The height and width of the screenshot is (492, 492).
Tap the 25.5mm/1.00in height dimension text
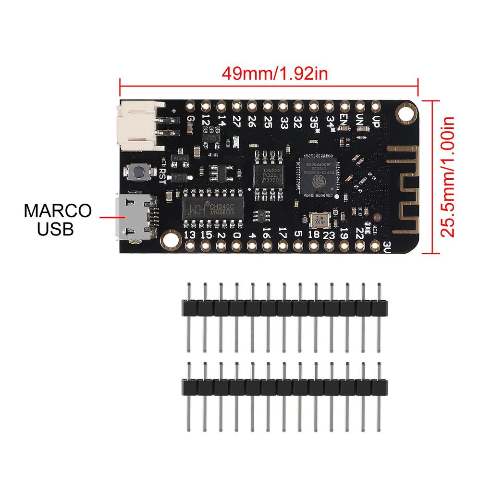[x=448, y=176]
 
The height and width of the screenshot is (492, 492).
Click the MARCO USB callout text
[x=58, y=219]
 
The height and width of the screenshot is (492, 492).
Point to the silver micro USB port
[x=133, y=217]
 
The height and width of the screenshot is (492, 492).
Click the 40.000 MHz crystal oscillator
[x=318, y=221]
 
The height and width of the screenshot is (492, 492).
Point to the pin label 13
[x=189, y=235]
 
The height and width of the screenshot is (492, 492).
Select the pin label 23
[x=329, y=235]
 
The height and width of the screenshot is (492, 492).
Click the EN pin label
[x=344, y=118]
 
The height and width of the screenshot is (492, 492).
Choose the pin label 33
[x=283, y=120]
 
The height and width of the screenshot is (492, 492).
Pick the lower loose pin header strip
[x=283, y=386]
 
